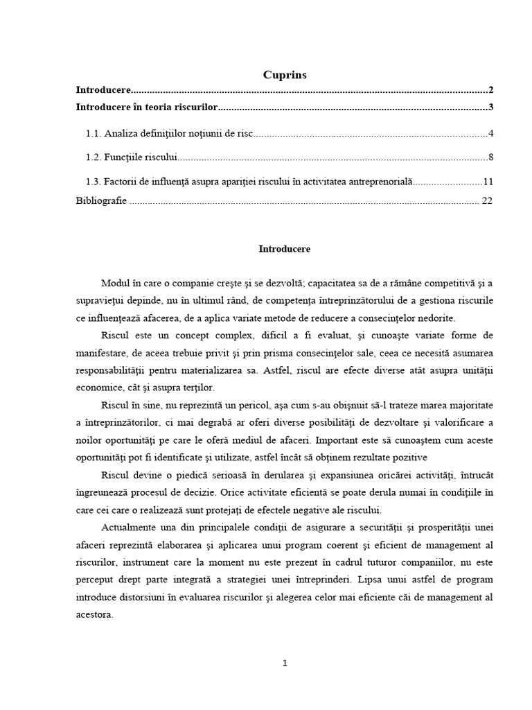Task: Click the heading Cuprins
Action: pos(284,74)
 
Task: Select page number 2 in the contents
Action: pos(490,90)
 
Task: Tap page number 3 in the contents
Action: pos(490,107)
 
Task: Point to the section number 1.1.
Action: pos(93,133)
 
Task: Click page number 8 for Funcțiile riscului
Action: pos(490,157)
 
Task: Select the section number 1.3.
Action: pos(93,182)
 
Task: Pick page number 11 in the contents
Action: pos(488,182)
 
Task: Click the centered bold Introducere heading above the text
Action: pos(284,248)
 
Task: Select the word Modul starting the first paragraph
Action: pos(116,284)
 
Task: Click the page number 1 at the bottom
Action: pos(284,663)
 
